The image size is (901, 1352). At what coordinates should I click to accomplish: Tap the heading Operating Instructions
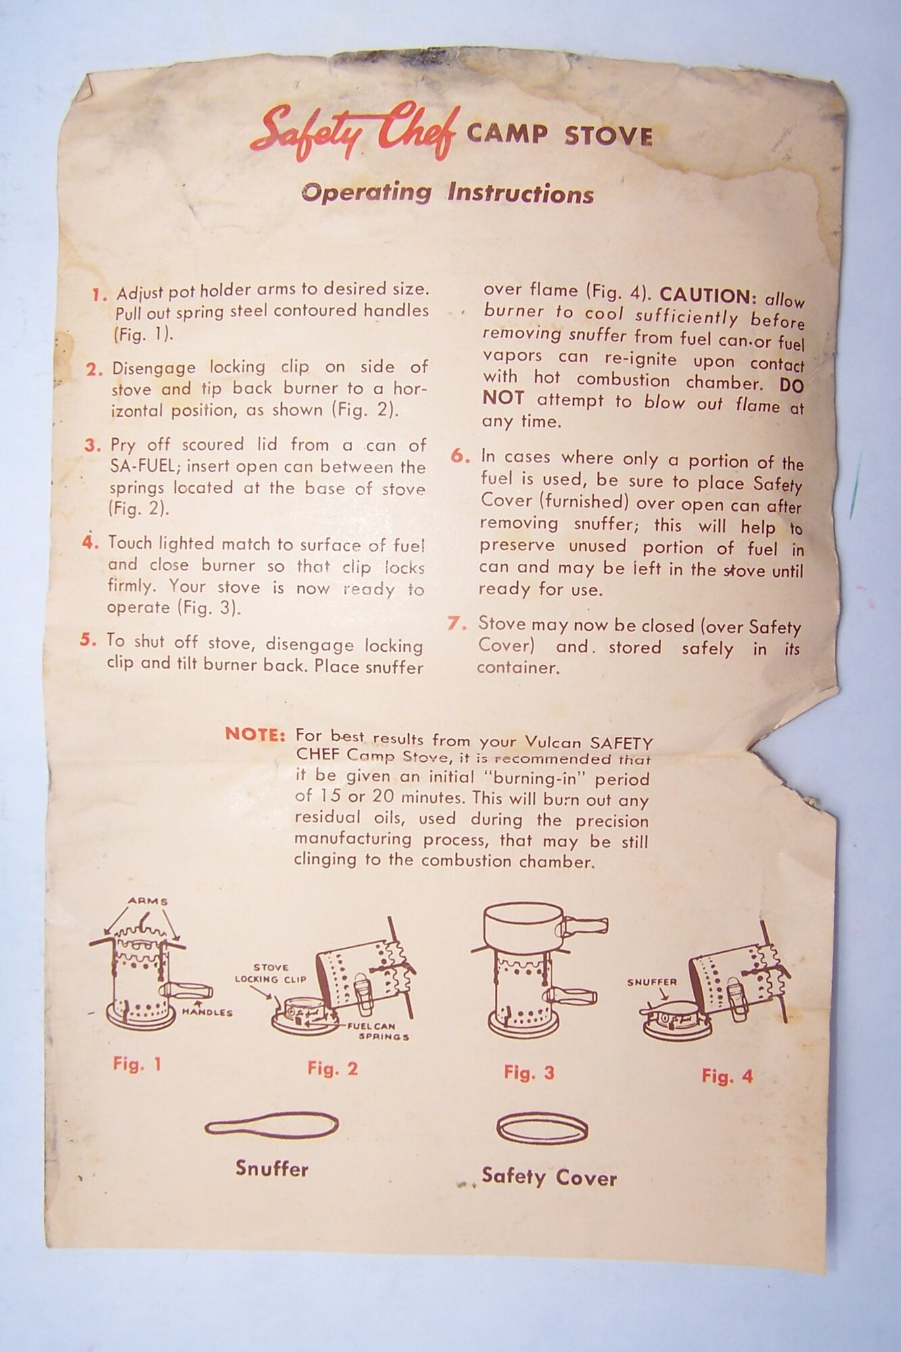pyautogui.click(x=447, y=193)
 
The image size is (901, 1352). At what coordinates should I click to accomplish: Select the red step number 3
pyautogui.click(x=92, y=445)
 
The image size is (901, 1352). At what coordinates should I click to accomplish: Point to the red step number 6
pyautogui.click(x=460, y=456)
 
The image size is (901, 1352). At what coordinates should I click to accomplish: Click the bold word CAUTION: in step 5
pyautogui.click(x=707, y=295)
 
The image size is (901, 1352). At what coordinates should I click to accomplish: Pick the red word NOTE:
pyautogui.click(x=255, y=734)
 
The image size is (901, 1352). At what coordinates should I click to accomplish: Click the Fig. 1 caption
pyautogui.click(x=137, y=1064)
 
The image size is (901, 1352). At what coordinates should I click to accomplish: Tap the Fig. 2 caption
pyautogui.click(x=332, y=1068)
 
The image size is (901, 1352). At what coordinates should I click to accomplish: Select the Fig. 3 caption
pyautogui.click(x=529, y=1072)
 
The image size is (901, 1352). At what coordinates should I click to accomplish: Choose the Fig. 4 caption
pyautogui.click(x=727, y=1076)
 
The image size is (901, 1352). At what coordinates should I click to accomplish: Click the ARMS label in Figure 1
pyautogui.click(x=147, y=901)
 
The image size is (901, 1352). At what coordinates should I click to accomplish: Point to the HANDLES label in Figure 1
pyautogui.click(x=207, y=1012)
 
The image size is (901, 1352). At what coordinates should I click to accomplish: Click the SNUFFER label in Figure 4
pyautogui.click(x=652, y=982)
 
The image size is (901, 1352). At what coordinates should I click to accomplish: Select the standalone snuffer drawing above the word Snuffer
pyautogui.click(x=271, y=1126)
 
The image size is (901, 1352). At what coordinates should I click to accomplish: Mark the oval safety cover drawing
pyautogui.click(x=542, y=1129)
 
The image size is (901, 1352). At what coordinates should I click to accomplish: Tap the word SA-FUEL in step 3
pyautogui.click(x=140, y=466)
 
